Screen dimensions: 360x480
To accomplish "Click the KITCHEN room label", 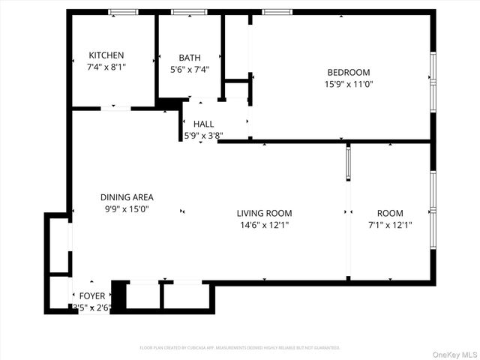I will pos(106,55).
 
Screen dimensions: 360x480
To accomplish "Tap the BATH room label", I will pos(190,58).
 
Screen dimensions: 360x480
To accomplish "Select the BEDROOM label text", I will pos(349,73).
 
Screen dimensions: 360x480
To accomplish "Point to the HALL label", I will pos(203,124).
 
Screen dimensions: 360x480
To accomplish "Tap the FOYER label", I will pos(92,296).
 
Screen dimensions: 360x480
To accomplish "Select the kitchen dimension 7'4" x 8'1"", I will pos(106,67).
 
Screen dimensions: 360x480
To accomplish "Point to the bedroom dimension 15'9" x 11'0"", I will pos(349,85).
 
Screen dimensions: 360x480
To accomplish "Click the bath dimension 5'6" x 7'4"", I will pos(190,70).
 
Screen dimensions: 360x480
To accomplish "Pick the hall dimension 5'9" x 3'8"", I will pos(203,136).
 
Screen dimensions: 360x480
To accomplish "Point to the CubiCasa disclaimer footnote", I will pos(240,348).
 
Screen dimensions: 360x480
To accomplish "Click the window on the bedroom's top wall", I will pos(277,12).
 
